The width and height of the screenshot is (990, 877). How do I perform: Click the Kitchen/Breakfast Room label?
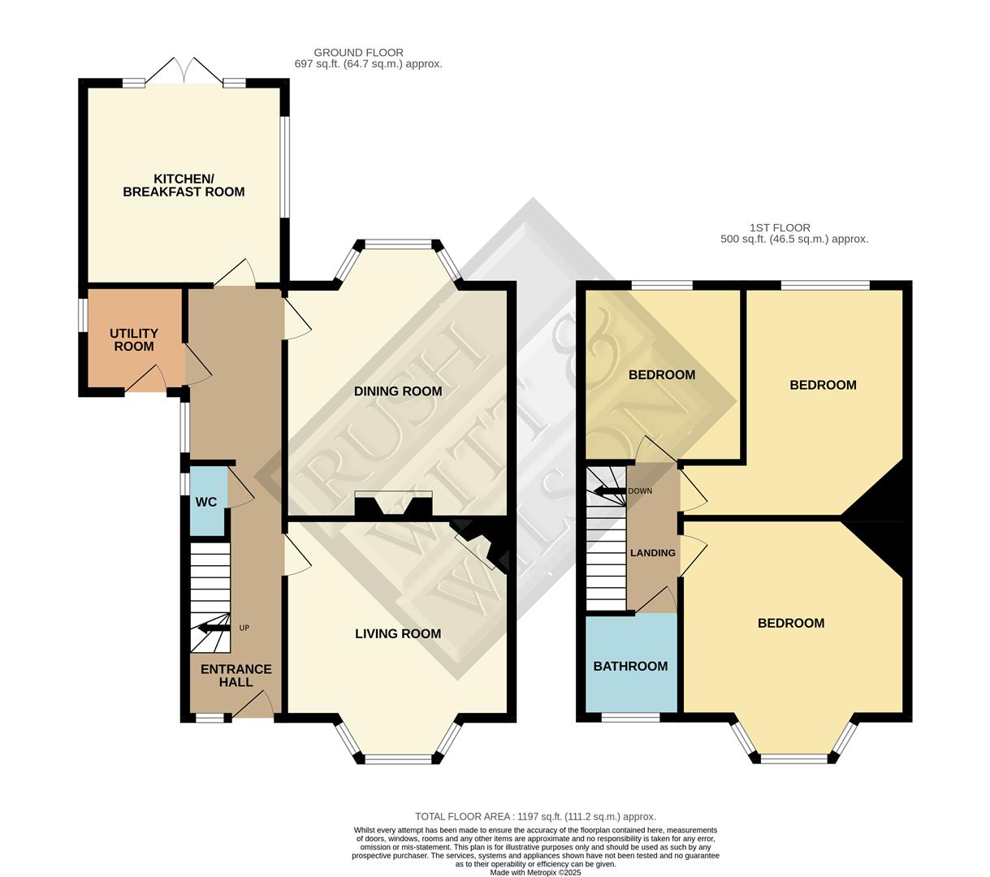(184, 185)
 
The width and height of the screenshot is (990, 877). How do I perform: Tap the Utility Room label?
(134, 339)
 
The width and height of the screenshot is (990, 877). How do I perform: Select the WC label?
(206, 502)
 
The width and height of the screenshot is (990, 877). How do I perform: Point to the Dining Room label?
(398, 391)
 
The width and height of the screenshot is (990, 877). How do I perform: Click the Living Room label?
(398, 633)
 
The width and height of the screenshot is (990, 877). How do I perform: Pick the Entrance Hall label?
(236, 676)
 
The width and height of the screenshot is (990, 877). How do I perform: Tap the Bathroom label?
(630, 666)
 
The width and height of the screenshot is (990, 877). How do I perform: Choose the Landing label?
(653, 553)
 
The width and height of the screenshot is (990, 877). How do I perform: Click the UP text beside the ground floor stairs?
(244, 628)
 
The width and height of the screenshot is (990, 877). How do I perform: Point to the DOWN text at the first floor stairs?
(640, 491)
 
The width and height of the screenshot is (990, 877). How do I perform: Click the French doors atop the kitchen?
(184, 72)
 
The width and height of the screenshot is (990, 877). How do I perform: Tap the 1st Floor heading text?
(780, 228)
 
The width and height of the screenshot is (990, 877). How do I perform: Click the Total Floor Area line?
(535, 817)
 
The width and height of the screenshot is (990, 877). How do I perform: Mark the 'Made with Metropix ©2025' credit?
(535, 873)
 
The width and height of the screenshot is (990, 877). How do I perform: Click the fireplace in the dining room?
(393, 504)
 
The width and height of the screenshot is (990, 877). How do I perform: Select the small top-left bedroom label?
(662, 375)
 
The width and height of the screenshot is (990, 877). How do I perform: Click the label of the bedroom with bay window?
(791, 623)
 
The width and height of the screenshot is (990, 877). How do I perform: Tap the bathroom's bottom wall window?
(630, 718)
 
